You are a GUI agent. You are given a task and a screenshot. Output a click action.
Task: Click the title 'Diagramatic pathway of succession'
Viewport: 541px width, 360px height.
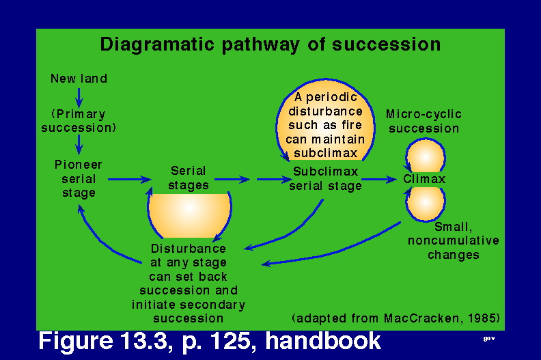point(270,45)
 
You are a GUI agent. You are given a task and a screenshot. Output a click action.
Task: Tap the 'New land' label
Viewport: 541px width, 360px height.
point(79,79)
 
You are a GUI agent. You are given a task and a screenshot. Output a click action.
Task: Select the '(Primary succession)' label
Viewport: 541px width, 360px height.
point(79,121)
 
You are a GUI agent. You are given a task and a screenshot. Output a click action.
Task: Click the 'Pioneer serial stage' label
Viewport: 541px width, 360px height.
point(79,179)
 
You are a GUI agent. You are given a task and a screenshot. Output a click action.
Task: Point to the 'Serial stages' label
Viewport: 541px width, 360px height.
point(189,178)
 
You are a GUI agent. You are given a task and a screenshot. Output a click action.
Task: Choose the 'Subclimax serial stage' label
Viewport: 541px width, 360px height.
point(325,179)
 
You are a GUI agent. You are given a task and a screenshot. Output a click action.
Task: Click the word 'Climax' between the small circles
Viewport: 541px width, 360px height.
point(424,179)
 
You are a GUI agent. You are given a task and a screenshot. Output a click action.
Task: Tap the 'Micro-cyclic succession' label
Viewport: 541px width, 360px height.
point(424,121)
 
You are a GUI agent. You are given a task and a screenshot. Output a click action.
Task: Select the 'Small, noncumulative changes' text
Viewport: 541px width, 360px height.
point(454,240)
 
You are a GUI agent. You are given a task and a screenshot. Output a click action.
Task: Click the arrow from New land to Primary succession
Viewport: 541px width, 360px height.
point(79,98)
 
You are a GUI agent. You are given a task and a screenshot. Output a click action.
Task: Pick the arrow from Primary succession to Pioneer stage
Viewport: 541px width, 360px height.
point(79,144)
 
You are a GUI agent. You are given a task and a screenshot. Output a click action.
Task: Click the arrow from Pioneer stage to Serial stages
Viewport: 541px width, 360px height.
point(130,180)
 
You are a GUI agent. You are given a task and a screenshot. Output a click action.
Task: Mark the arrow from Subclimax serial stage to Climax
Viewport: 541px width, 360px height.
point(379,180)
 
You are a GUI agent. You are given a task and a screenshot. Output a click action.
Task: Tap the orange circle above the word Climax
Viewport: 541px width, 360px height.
point(426,156)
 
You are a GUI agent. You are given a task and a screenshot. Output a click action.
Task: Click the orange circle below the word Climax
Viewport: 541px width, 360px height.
point(426,204)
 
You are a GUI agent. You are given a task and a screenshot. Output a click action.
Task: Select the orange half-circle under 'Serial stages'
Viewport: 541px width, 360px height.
point(189,214)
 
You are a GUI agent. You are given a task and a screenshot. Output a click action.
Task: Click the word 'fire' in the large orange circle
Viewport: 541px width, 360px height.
point(351,125)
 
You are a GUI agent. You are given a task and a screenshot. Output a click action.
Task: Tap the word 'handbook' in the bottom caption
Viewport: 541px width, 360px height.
point(323,341)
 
